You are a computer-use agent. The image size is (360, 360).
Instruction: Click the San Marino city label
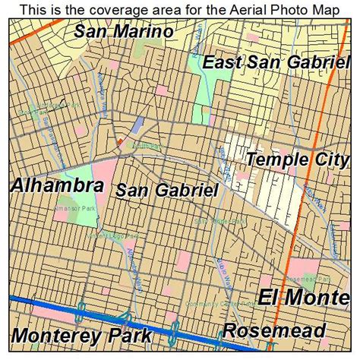point(124,33)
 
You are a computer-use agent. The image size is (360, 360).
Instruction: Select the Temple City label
point(296,160)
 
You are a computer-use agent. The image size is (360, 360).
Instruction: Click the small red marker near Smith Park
point(119,142)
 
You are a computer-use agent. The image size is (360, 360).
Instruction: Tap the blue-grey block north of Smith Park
point(137,125)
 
